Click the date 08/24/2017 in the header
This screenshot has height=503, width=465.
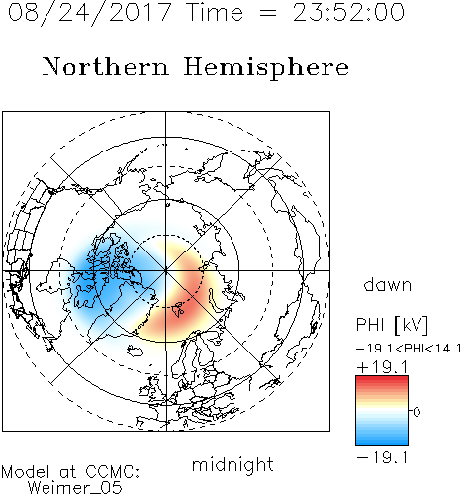(x=89, y=13)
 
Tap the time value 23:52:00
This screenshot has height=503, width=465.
(x=348, y=13)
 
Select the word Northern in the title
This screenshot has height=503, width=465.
(x=106, y=67)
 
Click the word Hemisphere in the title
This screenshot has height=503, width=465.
(x=266, y=68)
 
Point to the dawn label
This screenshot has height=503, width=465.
(x=388, y=284)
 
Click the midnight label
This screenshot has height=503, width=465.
(x=232, y=465)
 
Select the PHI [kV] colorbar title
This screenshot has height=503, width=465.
(x=392, y=325)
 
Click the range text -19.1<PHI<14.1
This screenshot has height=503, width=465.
(x=409, y=349)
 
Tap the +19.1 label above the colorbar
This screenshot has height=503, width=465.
(x=382, y=367)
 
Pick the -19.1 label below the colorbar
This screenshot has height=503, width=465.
(x=382, y=457)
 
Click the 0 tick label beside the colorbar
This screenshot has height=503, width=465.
(x=417, y=412)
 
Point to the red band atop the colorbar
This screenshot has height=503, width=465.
(x=382, y=380)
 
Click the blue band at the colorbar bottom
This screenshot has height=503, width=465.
(x=382, y=441)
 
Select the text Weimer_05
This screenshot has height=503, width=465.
(x=75, y=488)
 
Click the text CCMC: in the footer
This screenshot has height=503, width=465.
(x=112, y=472)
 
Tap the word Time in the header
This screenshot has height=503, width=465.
(x=215, y=13)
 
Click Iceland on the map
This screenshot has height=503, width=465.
(x=136, y=351)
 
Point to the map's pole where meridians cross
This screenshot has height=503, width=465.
(x=166, y=270)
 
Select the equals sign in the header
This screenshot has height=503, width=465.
(x=268, y=13)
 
